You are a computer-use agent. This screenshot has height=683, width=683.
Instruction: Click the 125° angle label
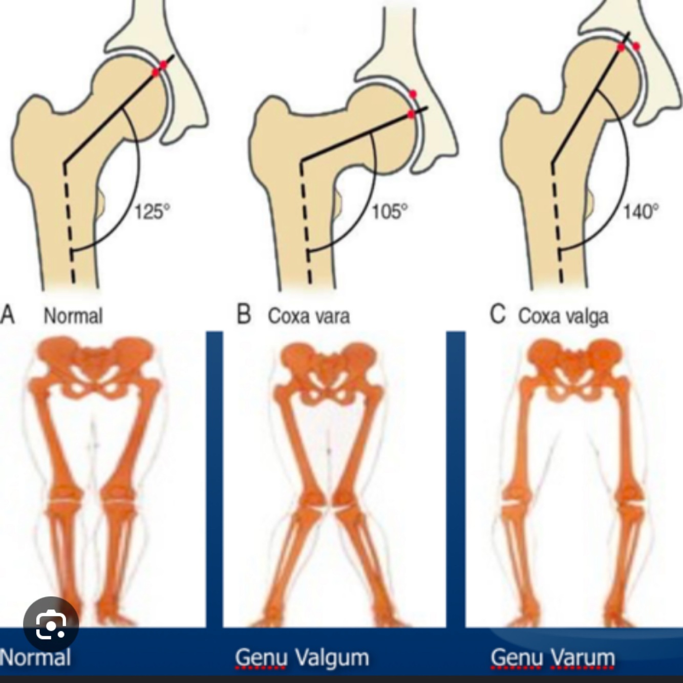(152, 211)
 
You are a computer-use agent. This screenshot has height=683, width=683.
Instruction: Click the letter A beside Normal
(8, 314)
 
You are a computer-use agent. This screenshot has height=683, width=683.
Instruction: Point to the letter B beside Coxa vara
(244, 314)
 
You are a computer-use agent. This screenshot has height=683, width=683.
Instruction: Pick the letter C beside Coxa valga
(498, 314)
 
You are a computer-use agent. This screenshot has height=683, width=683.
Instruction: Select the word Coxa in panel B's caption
(287, 316)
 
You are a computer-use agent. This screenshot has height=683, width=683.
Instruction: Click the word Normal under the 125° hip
(73, 315)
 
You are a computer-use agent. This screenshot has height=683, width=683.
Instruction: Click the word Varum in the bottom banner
(583, 657)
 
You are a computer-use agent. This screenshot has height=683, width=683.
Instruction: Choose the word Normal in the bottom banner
(35, 657)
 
